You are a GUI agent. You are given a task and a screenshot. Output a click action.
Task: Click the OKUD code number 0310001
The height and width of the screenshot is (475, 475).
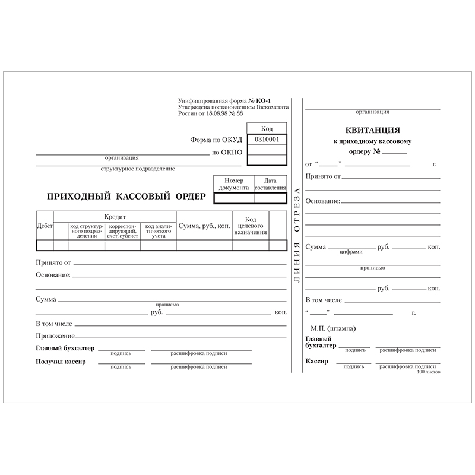click(x=267, y=140)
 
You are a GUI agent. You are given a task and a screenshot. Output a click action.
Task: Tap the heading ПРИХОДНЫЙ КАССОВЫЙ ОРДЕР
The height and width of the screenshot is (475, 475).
click(x=126, y=196)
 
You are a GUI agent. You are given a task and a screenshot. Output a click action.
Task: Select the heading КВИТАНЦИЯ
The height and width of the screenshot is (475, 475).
click(x=372, y=130)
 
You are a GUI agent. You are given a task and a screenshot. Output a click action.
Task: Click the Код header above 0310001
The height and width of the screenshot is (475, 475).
click(x=267, y=128)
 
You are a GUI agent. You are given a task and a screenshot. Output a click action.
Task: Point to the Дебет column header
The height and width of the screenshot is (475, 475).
click(x=45, y=226)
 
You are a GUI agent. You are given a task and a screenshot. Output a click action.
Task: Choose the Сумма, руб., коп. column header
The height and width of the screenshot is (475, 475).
click(x=204, y=226)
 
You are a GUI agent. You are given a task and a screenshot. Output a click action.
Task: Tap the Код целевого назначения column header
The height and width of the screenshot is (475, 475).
click(x=250, y=226)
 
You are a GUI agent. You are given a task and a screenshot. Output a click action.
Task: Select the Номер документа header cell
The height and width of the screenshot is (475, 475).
click(x=233, y=183)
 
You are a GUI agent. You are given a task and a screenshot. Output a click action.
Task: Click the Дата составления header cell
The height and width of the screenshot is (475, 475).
click(x=270, y=183)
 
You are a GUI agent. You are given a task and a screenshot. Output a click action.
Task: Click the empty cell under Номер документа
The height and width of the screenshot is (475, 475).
click(x=233, y=198)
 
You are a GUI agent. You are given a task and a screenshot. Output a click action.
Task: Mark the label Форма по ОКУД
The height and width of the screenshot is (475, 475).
click(x=216, y=141)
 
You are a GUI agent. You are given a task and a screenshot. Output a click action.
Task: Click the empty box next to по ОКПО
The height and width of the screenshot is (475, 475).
click(x=267, y=153)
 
